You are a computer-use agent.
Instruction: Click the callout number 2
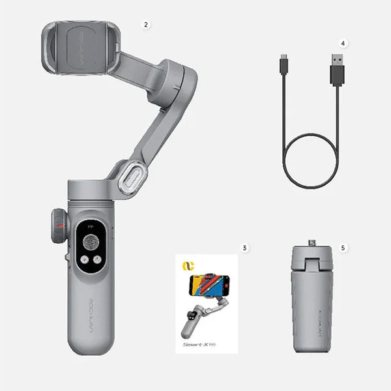147,24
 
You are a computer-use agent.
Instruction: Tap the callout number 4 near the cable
343,44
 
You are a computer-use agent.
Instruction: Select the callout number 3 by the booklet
244,248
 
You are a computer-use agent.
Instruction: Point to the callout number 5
343,248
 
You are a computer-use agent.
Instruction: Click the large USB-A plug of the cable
337,69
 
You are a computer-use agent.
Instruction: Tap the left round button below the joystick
84,259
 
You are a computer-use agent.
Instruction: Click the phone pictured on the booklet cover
209,285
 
